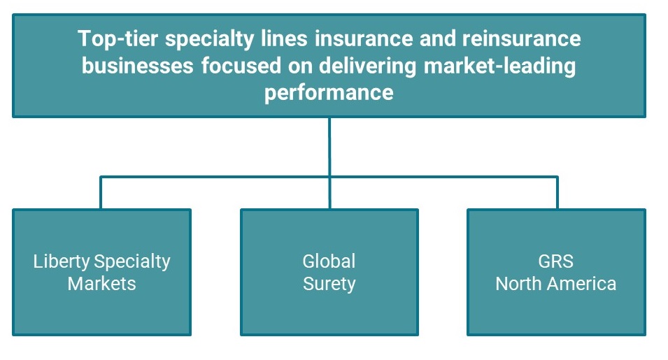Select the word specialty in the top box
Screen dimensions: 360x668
(x=208, y=38)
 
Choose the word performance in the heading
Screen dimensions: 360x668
(x=329, y=92)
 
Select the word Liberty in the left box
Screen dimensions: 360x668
(x=62, y=261)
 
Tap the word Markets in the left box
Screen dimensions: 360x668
(x=101, y=284)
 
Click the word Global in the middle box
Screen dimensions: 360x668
(x=329, y=261)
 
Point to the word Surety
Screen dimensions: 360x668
(x=329, y=284)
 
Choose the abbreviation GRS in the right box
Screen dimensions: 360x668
(x=556, y=261)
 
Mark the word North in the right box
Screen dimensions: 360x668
(x=516, y=284)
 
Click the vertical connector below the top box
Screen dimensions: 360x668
(x=329, y=147)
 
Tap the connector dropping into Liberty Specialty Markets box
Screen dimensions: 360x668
(x=101, y=193)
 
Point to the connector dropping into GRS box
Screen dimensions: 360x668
(x=557, y=193)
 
